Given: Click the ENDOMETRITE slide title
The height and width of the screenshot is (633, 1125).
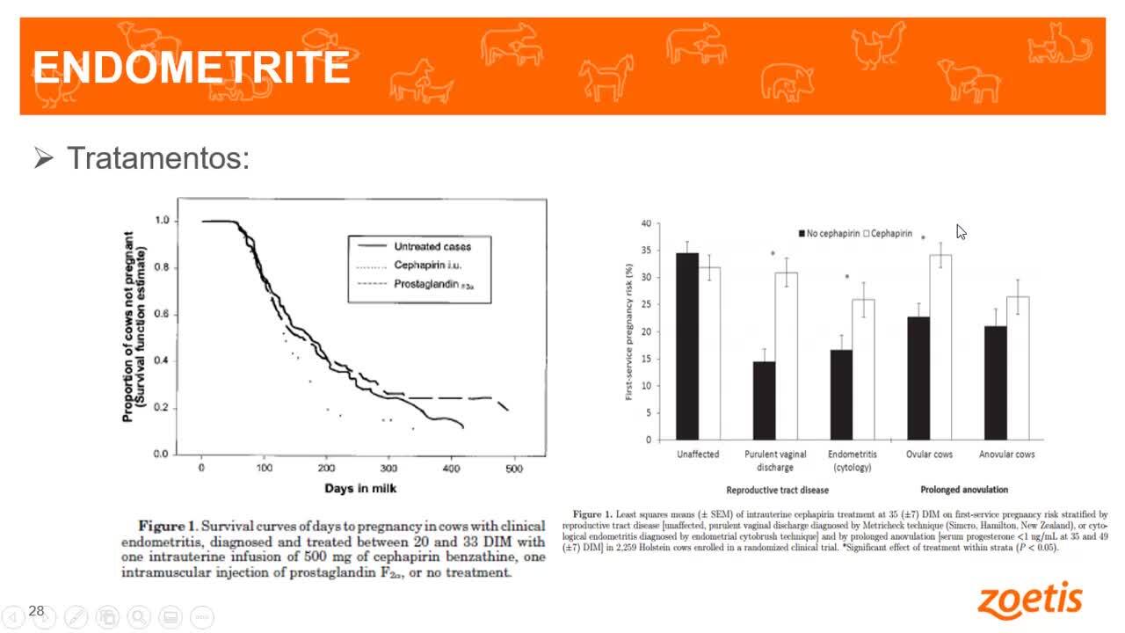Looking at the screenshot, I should tap(191, 67).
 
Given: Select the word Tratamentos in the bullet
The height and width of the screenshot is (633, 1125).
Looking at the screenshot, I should tap(158, 159).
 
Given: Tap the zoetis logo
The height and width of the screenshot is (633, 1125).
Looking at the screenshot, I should tap(1030, 600).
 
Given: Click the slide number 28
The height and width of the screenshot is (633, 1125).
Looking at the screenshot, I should tap(36, 611).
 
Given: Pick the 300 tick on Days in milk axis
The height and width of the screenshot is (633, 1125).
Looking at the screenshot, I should tap(388, 469).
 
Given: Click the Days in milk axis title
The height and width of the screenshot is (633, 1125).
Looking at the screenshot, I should tap(360, 488).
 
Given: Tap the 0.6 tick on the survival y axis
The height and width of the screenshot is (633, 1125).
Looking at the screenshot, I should tap(161, 314).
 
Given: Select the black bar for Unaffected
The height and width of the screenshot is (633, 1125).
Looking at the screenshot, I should tap(686, 346).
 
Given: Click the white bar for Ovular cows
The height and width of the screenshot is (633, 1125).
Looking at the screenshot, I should tap(940, 347).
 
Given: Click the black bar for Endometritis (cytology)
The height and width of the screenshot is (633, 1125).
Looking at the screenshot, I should tap(841, 395).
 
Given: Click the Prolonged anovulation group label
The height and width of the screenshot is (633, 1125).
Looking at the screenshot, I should tap(964, 490).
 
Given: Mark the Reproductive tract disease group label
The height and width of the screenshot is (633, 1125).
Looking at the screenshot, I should tap(777, 490).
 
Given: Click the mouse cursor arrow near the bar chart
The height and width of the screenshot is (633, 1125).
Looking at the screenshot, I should tap(961, 232).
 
